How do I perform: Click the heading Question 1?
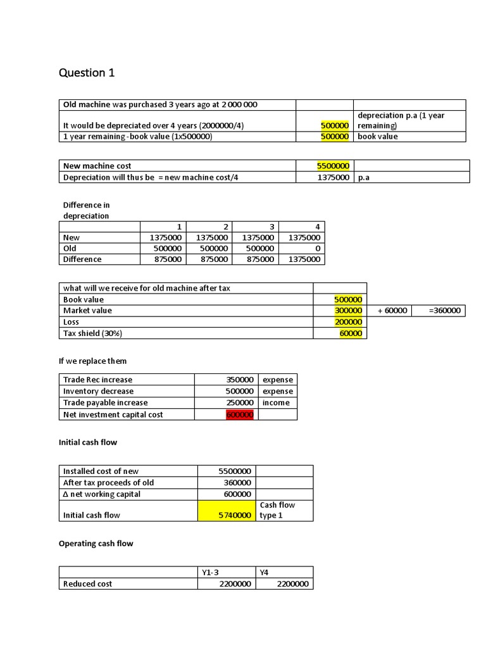click(87, 73)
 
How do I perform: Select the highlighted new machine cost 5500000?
click(333, 166)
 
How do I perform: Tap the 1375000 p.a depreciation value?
click(333, 177)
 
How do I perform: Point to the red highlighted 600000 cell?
click(240, 414)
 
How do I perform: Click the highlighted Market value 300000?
click(348, 311)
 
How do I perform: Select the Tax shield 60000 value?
click(351, 333)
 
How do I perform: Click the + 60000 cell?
click(392, 311)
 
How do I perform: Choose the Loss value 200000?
click(348, 322)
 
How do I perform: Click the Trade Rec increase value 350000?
click(240, 380)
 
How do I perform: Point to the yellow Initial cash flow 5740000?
click(236, 515)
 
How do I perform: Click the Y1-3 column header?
click(210, 572)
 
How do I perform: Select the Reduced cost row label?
click(87, 583)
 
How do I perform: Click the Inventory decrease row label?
click(98, 391)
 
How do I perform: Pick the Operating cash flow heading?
click(96, 543)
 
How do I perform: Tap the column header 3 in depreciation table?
click(272, 227)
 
